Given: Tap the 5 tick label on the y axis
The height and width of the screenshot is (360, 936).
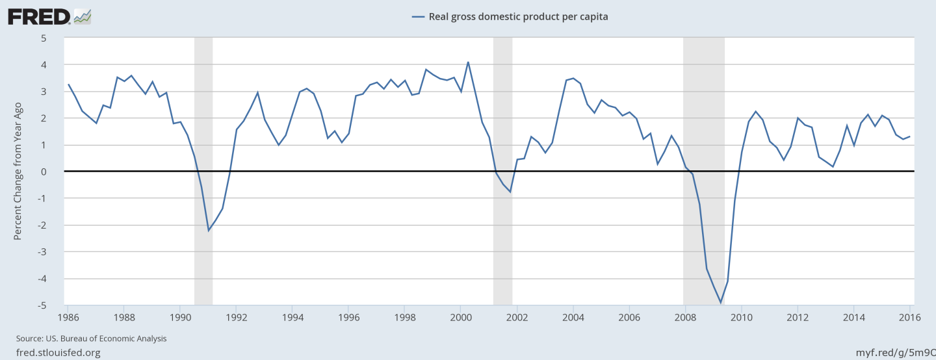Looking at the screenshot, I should pos(44,38).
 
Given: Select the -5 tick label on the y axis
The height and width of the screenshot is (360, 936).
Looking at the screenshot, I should pos(42,305).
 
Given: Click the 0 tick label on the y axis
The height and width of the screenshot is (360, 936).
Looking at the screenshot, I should pos(44,172).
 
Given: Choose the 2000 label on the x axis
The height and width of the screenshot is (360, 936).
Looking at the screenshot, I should pos(460,317).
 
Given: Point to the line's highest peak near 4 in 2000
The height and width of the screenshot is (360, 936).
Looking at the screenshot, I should pos(468,62).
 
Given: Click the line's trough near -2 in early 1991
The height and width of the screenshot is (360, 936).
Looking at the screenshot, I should pos(209,230).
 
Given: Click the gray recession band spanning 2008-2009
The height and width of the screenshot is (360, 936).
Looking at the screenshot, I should pos(703,130).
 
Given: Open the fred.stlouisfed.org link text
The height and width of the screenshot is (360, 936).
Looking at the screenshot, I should pos(58,352).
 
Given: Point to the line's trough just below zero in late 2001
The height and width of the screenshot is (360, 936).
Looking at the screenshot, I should pos(510,192).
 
